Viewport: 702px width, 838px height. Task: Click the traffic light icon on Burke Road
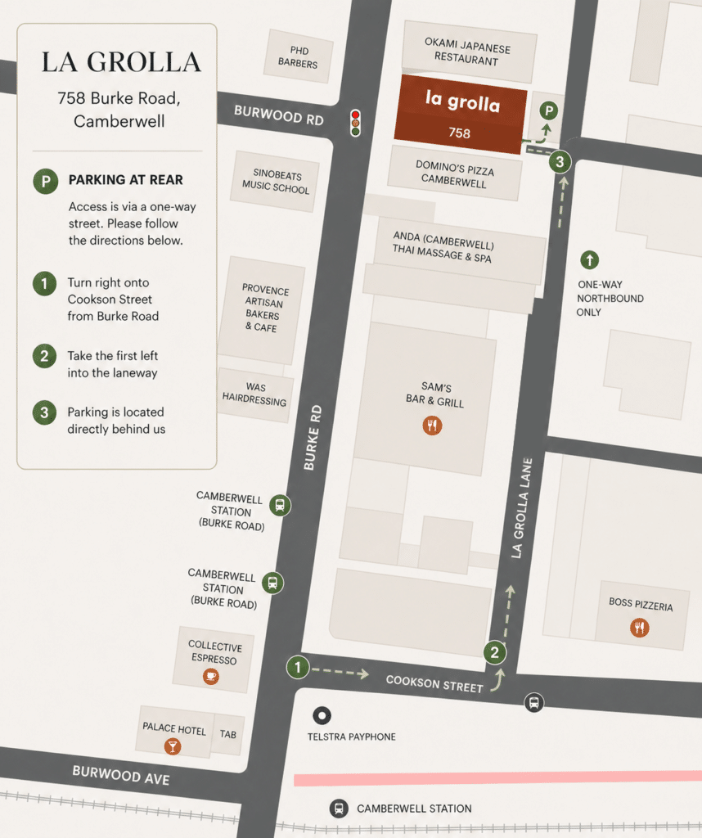pos(355,122)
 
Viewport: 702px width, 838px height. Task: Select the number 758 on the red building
pos(459,133)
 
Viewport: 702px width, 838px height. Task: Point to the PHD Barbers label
pos(298,56)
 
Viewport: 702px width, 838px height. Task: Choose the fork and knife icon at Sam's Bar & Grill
pos(432,425)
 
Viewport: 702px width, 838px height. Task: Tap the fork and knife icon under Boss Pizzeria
pos(640,628)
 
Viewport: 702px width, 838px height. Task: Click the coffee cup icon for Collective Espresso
pos(211,676)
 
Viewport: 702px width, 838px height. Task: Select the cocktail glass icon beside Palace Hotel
pos(173,746)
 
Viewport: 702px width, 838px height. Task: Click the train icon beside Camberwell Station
pos(338,809)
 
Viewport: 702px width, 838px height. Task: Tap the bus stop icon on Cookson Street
pos(533,702)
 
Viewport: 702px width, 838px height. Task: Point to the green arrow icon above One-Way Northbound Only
pos(589,260)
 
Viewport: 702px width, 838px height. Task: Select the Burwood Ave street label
pos(121,774)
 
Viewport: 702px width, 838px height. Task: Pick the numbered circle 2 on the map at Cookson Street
pos(494,652)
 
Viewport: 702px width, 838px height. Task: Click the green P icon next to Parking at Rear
pos(45,181)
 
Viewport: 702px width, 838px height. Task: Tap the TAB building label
pos(228,734)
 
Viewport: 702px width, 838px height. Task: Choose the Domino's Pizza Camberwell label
pos(454,173)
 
